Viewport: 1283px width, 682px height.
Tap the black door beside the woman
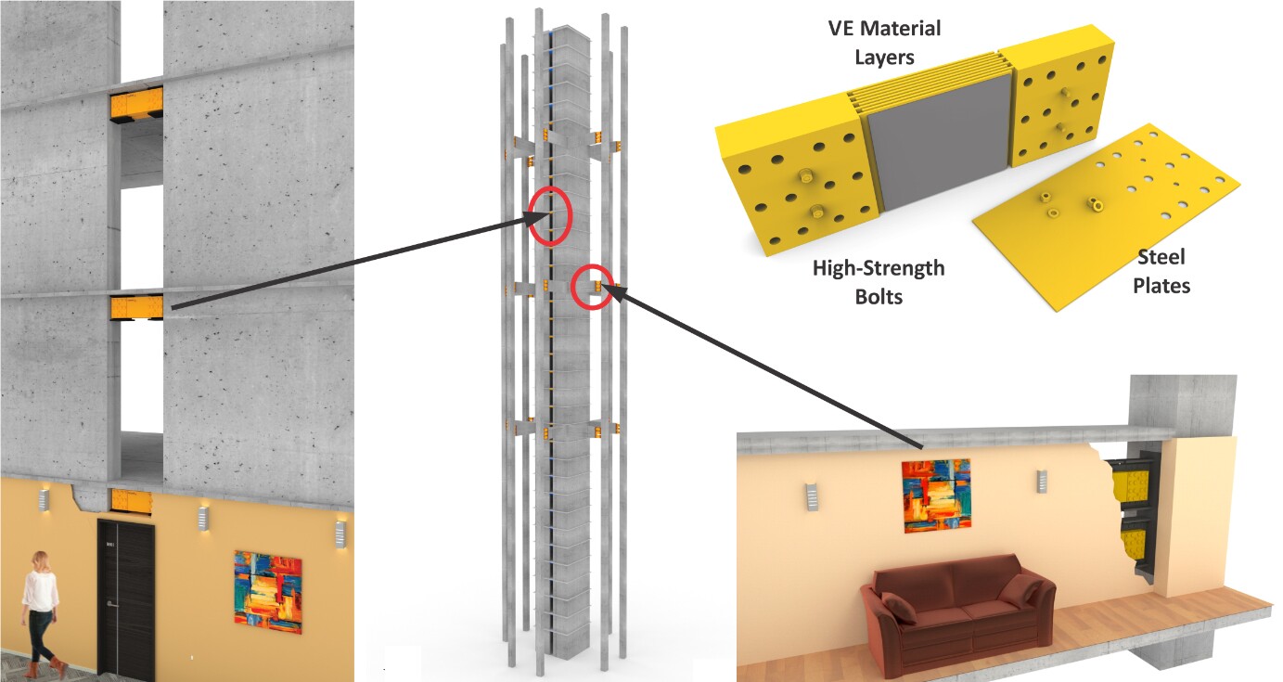pos(125,599)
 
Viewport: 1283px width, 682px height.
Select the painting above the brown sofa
pos(936,495)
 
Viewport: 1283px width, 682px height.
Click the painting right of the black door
pos(268,592)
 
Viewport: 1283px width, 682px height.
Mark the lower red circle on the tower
pos(593,287)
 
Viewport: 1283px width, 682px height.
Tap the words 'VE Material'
pos(884,29)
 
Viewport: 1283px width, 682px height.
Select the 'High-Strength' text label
pos(879,268)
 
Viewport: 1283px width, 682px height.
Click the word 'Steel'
pos(1161,257)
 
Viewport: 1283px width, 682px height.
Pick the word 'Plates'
pos(1161,286)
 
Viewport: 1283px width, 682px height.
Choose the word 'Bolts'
pos(879,297)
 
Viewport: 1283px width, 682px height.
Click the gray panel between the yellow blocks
pos(940,143)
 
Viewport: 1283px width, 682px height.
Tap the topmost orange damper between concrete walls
pos(136,104)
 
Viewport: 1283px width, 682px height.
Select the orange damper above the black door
pos(131,500)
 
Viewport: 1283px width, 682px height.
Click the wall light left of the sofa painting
pos(812,497)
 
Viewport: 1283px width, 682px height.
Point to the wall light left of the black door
pos(44,500)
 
